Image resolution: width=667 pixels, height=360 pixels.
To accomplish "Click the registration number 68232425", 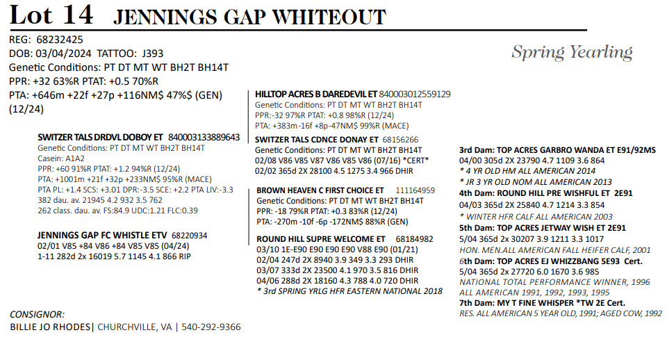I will pyautogui.click(x=60, y=39).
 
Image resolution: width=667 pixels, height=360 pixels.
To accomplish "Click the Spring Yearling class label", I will pyautogui.click(x=571, y=52).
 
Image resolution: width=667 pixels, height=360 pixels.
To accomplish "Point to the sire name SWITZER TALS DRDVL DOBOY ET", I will pyautogui.click(x=101, y=138).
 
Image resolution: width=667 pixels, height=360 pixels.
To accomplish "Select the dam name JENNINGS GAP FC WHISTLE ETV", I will pyautogui.click(x=102, y=236).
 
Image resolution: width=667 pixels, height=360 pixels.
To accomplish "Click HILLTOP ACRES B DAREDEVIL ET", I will pyautogui.click(x=315, y=94).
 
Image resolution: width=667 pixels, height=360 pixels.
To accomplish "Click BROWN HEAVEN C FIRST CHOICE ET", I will pyautogui.click(x=320, y=190).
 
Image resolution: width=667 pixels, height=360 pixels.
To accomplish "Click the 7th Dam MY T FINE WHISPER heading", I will pyautogui.click(x=543, y=303).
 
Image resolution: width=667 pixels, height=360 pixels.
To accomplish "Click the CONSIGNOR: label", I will pyautogui.click(x=38, y=314).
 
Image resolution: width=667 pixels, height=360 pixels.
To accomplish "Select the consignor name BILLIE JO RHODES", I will pyautogui.click(x=50, y=327).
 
